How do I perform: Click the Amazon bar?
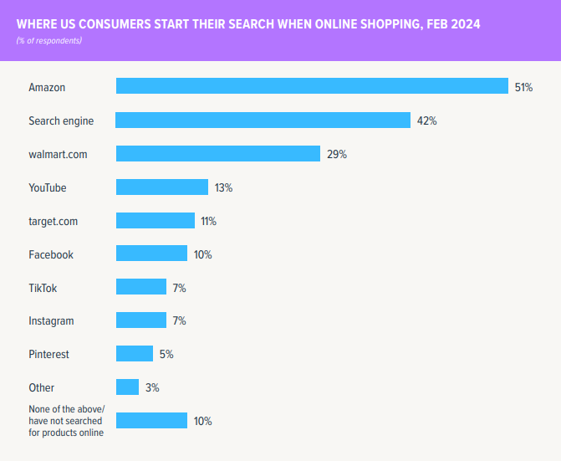(312, 86)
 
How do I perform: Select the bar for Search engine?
(263, 120)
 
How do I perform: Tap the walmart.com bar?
(218, 154)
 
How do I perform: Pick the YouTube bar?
(161, 187)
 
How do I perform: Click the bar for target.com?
(156, 221)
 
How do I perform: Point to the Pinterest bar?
(135, 354)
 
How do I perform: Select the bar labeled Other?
(127, 387)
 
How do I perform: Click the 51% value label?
(523, 87)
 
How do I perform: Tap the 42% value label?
(426, 120)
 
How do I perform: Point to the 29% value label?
(336, 154)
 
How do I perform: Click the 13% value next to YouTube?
(223, 187)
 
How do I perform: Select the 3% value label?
(151, 387)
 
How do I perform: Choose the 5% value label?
(166, 354)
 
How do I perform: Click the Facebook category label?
(51, 254)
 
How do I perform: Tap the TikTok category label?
(43, 288)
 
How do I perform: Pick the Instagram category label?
(51, 321)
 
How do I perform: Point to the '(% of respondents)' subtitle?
(49, 40)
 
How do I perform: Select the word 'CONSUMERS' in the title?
(103, 24)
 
